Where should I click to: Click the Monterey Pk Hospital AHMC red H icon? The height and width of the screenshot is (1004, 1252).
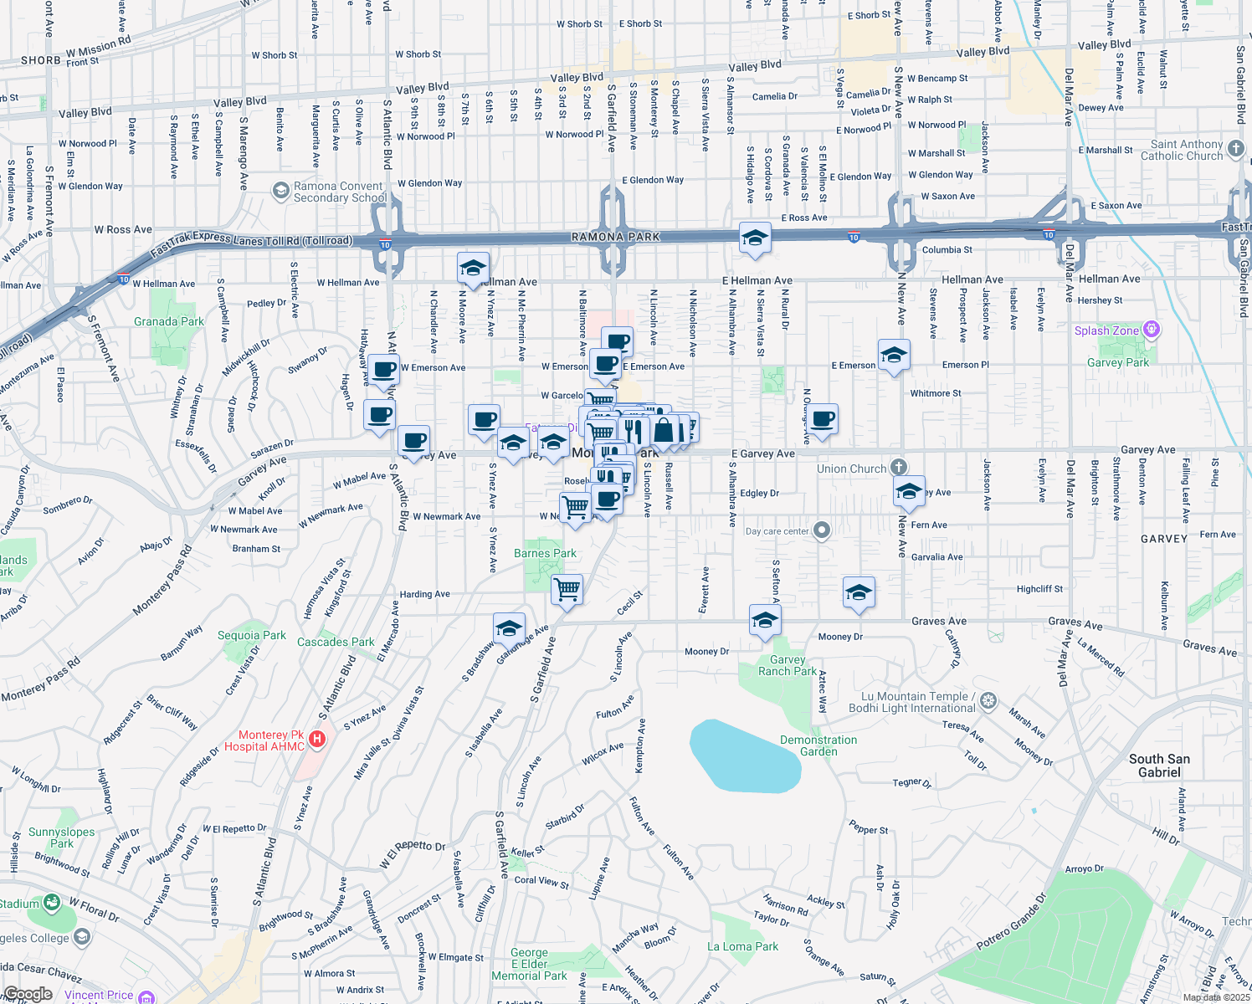tap(317, 739)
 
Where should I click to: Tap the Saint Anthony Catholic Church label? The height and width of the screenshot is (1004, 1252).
tap(1182, 150)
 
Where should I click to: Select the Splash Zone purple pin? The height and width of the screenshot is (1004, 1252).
tap(1152, 330)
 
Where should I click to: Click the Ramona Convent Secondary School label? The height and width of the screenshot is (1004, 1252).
tap(340, 192)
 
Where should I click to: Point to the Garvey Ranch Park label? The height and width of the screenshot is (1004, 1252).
tap(787, 665)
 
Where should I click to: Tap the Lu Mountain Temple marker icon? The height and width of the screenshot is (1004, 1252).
tap(988, 700)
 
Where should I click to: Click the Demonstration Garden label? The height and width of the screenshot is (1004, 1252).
tap(818, 745)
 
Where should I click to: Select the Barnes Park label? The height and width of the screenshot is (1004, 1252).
tap(545, 553)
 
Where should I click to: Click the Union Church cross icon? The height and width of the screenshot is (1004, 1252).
tap(898, 467)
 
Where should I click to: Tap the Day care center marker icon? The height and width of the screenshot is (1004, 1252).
tap(822, 530)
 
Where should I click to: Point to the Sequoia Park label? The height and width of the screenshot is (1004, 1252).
tap(252, 635)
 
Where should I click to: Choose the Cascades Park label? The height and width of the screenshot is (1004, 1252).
tap(336, 642)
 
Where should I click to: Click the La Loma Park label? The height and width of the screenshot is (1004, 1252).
tap(742, 946)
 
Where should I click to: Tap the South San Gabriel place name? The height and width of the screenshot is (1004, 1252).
tap(1159, 765)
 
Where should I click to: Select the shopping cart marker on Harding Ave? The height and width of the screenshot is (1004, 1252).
tap(567, 589)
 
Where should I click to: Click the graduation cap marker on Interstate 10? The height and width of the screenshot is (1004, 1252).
tap(755, 238)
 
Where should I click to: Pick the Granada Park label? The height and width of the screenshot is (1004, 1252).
tap(169, 321)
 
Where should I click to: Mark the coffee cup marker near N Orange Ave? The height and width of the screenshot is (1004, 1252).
tap(823, 420)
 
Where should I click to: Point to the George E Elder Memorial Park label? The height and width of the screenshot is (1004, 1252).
tap(529, 964)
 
